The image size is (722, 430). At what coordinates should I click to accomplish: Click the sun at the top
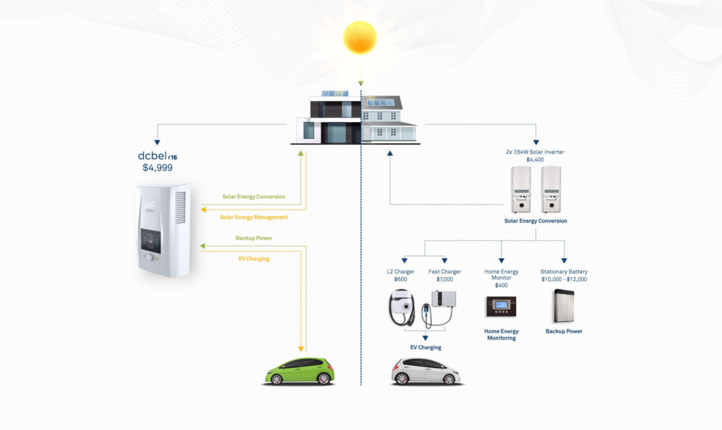click(x=360, y=37)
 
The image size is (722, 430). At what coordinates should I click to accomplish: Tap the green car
click(x=300, y=371)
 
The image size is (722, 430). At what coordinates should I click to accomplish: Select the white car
click(x=425, y=371)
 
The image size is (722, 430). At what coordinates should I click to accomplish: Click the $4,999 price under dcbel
click(x=158, y=168)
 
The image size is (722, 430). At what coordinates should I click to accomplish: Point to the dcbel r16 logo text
click(x=158, y=156)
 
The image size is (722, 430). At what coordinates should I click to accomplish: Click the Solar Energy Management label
click(x=253, y=217)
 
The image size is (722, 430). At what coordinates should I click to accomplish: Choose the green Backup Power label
click(x=253, y=238)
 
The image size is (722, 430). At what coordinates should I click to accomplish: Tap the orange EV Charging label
click(x=253, y=259)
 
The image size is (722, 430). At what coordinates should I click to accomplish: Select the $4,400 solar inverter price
click(x=535, y=159)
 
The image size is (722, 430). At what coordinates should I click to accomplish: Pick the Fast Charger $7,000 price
click(x=445, y=279)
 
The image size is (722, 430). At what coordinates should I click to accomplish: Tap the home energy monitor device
click(x=501, y=307)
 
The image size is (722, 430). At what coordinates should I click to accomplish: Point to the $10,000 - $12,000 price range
click(x=564, y=279)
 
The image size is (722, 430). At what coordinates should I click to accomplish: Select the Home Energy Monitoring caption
click(x=501, y=334)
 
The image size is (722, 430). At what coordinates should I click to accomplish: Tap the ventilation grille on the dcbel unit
click(x=180, y=208)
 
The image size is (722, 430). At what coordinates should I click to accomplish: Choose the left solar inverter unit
click(x=521, y=189)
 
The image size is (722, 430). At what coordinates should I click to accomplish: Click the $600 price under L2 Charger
click(x=400, y=279)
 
